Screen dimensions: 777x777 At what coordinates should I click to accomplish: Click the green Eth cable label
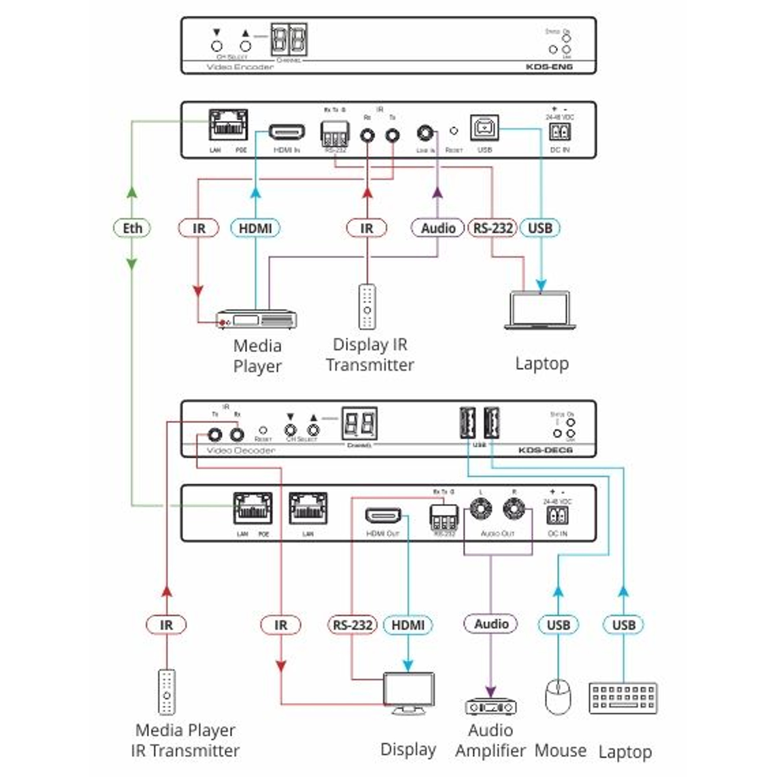[x=132, y=228]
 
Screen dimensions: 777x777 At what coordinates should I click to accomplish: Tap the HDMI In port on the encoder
[x=287, y=132]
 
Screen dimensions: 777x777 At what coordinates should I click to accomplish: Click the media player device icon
[x=257, y=320]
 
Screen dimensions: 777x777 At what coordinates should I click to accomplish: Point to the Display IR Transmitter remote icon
[x=367, y=306]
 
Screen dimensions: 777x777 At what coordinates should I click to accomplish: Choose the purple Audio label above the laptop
[x=437, y=228]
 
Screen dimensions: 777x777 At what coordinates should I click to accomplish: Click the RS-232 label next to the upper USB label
[x=493, y=228]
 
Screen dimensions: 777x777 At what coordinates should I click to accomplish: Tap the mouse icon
[x=558, y=697]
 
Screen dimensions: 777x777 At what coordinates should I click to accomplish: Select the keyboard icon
[x=623, y=698]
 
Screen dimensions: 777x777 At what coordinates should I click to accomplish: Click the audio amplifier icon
[x=491, y=707]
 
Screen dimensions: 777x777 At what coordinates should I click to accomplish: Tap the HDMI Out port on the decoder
[x=383, y=516]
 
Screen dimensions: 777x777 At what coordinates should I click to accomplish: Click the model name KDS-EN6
[x=549, y=67]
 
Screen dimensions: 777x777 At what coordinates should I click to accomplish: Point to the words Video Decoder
[x=241, y=450]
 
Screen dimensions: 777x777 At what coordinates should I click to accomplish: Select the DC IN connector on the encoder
[x=560, y=132]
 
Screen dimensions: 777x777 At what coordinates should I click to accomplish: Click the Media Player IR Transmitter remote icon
[x=167, y=692]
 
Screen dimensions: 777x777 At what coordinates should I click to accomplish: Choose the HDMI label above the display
[x=408, y=625]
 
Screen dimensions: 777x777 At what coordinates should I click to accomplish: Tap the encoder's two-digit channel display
[x=289, y=40]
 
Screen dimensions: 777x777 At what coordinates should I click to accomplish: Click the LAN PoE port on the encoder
[x=228, y=125]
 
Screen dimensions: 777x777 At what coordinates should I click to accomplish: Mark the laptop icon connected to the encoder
[x=540, y=310]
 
